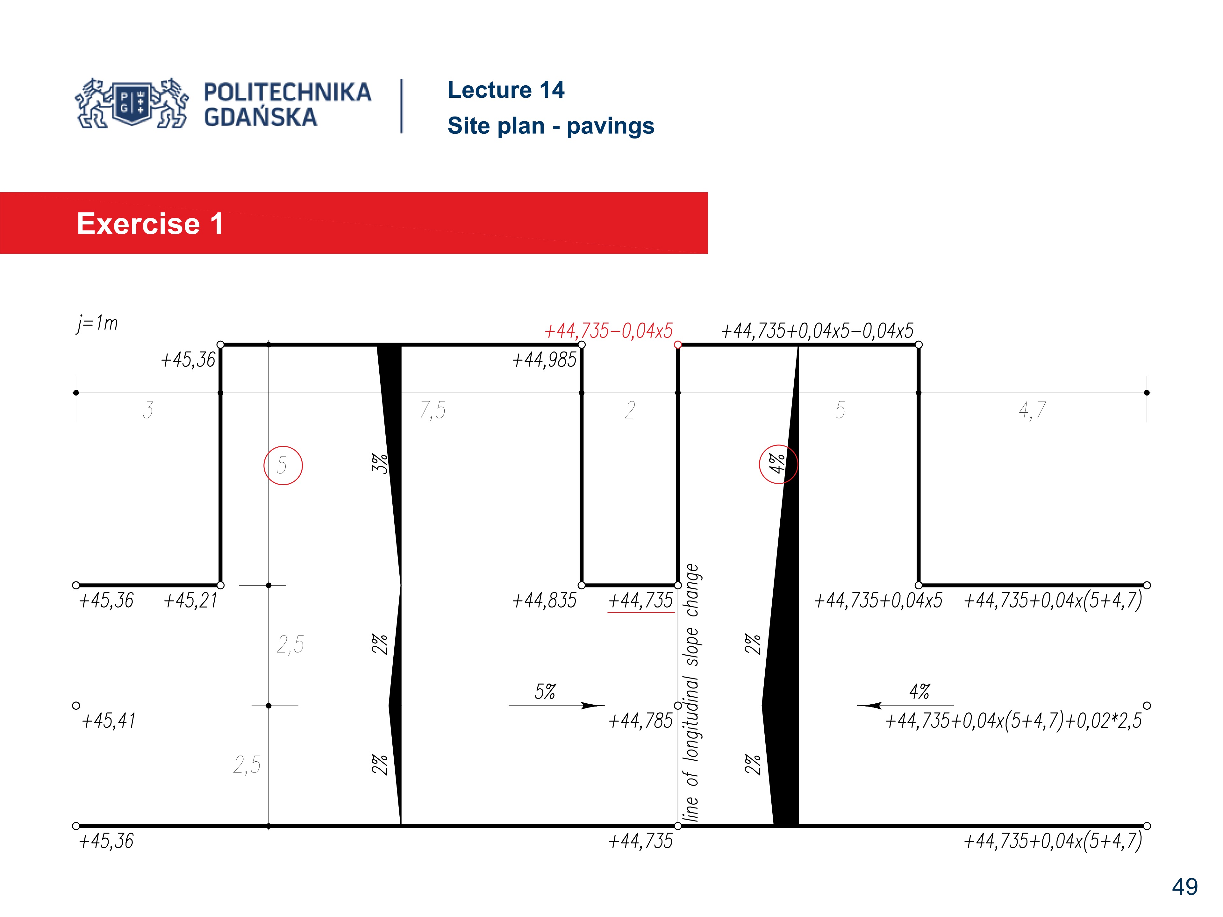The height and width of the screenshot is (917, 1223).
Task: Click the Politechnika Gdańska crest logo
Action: [x=132, y=103]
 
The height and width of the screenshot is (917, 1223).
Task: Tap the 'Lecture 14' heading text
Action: [x=505, y=90]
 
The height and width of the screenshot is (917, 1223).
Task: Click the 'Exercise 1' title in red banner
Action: [x=150, y=224]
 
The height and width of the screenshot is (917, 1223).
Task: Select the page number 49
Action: [x=1184, y=887]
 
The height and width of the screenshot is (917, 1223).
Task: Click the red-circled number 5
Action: [x=283, y=466]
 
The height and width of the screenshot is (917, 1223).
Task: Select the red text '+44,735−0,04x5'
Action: [x=608, y=331]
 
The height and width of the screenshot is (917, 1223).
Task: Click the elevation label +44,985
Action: [x=544, y=360]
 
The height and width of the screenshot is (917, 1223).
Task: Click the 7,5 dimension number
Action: [x=433, y=410]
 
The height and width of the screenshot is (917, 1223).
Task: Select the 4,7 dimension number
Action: [x=1032, y=410]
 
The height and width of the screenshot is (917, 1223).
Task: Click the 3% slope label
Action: [x=379, y=463]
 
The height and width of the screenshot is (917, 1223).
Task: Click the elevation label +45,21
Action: [x=191, y=600]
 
